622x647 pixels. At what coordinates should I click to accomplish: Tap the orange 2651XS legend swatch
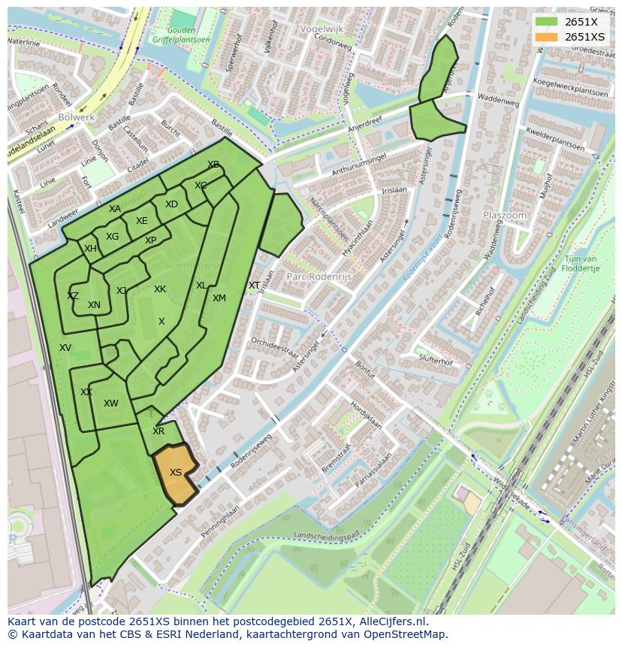tap(546, 37)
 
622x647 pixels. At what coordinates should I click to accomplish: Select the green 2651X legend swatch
tap(546, 22)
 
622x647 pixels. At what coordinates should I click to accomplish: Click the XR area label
tap(159, 431)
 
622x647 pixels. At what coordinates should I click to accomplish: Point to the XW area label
tap(111, 404)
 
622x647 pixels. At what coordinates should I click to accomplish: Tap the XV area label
tap(65, 348)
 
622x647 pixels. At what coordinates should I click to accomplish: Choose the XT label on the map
tap(254, 286)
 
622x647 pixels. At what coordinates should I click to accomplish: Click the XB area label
tap(213, 165)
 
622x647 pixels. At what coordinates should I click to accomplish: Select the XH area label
tap(90, 249)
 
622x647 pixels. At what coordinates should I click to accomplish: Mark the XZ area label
tap(73, 296)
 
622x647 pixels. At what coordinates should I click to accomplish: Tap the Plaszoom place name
tap(504, 215)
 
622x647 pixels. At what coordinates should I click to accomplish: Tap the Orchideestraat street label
tap(276, 348)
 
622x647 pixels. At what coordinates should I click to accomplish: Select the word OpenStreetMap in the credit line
tap(406, 634)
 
